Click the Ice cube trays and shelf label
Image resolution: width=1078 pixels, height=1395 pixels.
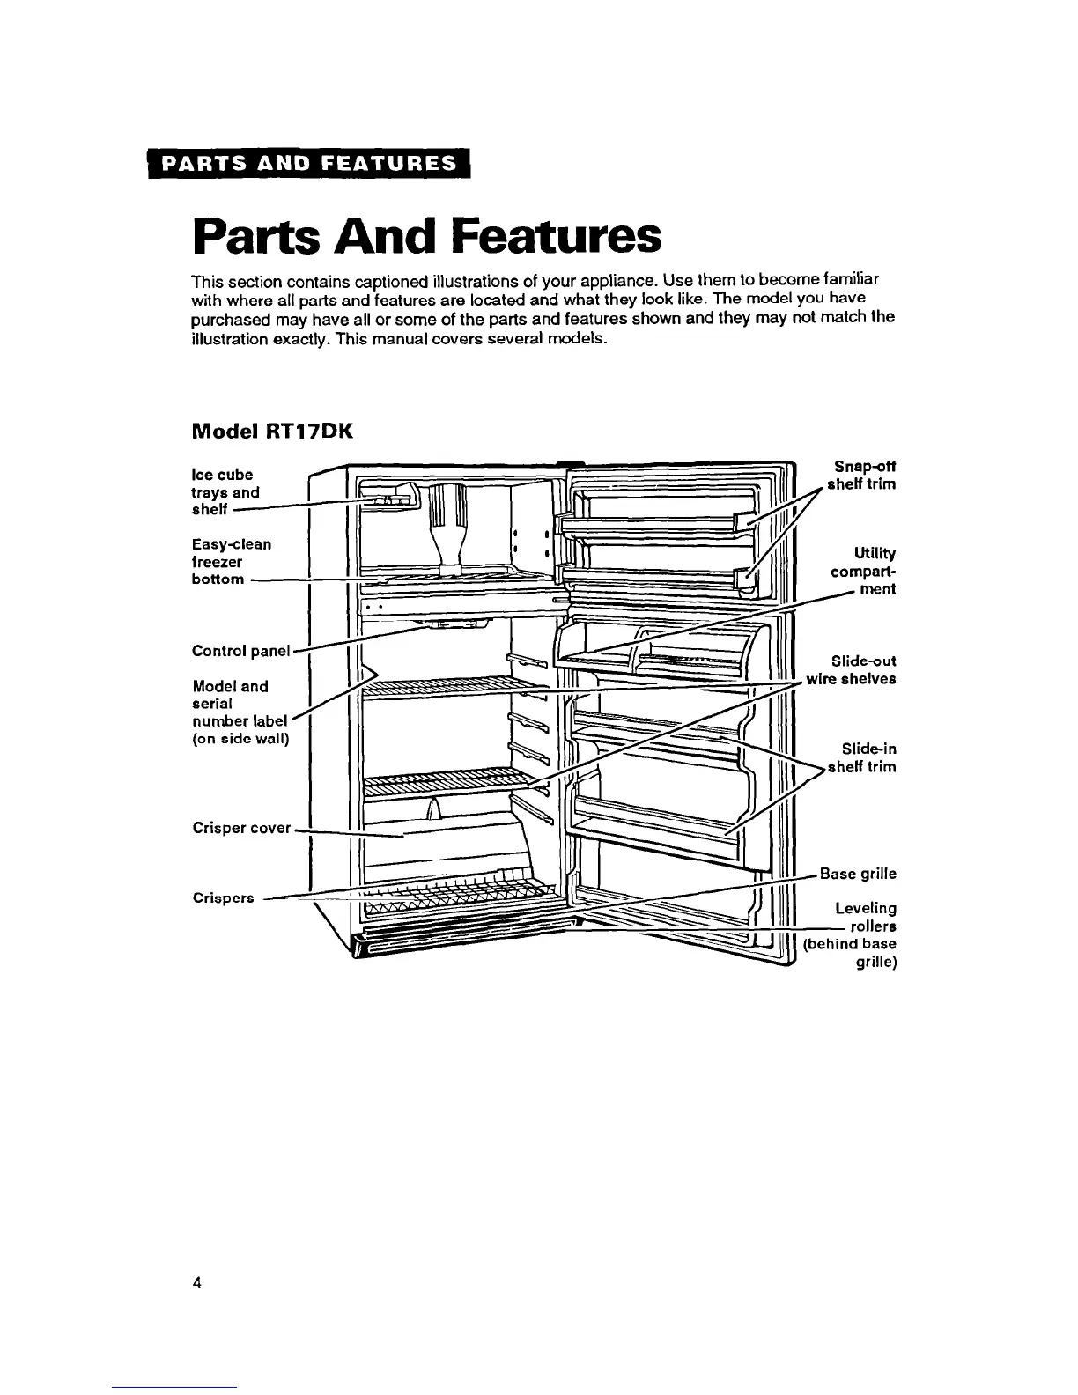[225, 491]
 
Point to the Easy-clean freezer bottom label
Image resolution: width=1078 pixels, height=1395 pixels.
[231, 561]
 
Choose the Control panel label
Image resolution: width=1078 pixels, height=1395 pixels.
[240, 651]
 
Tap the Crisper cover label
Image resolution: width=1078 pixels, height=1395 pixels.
[241, 828]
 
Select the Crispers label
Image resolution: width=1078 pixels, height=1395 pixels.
[224, 898]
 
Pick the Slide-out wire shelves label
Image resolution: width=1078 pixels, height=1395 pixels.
[852, 669]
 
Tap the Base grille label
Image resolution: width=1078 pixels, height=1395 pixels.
[858, 874]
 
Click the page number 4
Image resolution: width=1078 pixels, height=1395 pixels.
[197, 1282]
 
